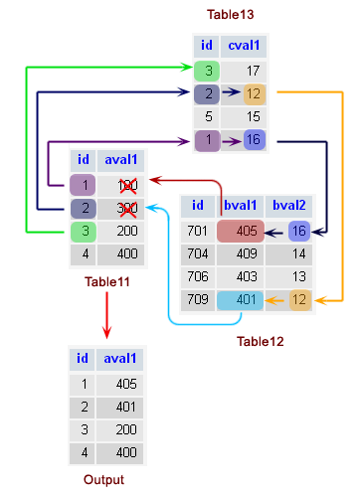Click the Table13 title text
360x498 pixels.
[231, 15]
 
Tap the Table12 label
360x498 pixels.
[261, 342]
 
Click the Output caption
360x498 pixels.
[104, 480]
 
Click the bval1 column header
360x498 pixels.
[240, 206]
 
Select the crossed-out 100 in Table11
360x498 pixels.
[126, 185]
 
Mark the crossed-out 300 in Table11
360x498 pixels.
[126, 209]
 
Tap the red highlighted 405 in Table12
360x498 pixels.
[240, 231]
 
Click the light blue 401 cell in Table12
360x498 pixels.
[240, 299]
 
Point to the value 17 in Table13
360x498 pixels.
[253, 71]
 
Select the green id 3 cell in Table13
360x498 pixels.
[206, 71]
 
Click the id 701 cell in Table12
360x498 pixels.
[199, 231]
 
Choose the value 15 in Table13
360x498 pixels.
[253, 117]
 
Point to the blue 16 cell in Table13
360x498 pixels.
[253, 141]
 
